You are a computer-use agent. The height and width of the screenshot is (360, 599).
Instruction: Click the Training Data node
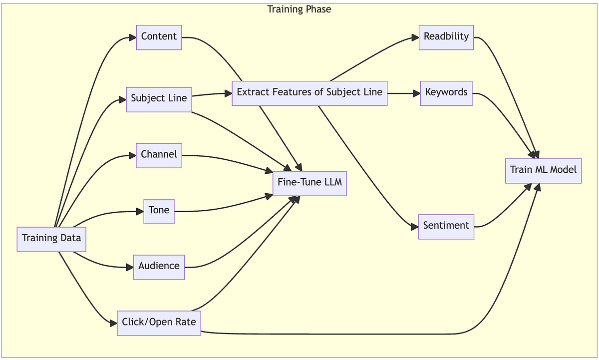(x=51, y=238)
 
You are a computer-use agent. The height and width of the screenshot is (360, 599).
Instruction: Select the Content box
(x=159, y=37)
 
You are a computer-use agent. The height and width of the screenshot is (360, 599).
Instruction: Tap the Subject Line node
(x=159, y=98)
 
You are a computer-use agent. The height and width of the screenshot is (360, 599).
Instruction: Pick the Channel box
(x=159, y=155)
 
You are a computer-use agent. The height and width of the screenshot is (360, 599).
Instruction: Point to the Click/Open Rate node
(x=159, y=323)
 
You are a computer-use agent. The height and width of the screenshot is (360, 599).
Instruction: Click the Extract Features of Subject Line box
(x=309, y=92)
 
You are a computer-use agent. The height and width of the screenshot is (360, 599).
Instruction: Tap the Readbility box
(x=446, y=37)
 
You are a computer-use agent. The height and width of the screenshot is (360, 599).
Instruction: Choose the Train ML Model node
(x=543, y=170)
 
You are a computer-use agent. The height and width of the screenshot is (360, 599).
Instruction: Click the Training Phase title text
(x=299, y=9)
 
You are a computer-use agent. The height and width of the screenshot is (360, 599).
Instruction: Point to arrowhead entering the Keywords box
(x=416, y=93)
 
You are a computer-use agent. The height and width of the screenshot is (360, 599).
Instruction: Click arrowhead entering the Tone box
(x=140, y=212)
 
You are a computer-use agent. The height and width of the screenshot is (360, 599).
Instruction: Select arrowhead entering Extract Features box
(x=228, y=93)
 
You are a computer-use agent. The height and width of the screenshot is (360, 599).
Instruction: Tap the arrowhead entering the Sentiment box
(x=414, y=227)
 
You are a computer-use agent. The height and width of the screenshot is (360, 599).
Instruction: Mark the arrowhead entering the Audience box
(x=129, y=267)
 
